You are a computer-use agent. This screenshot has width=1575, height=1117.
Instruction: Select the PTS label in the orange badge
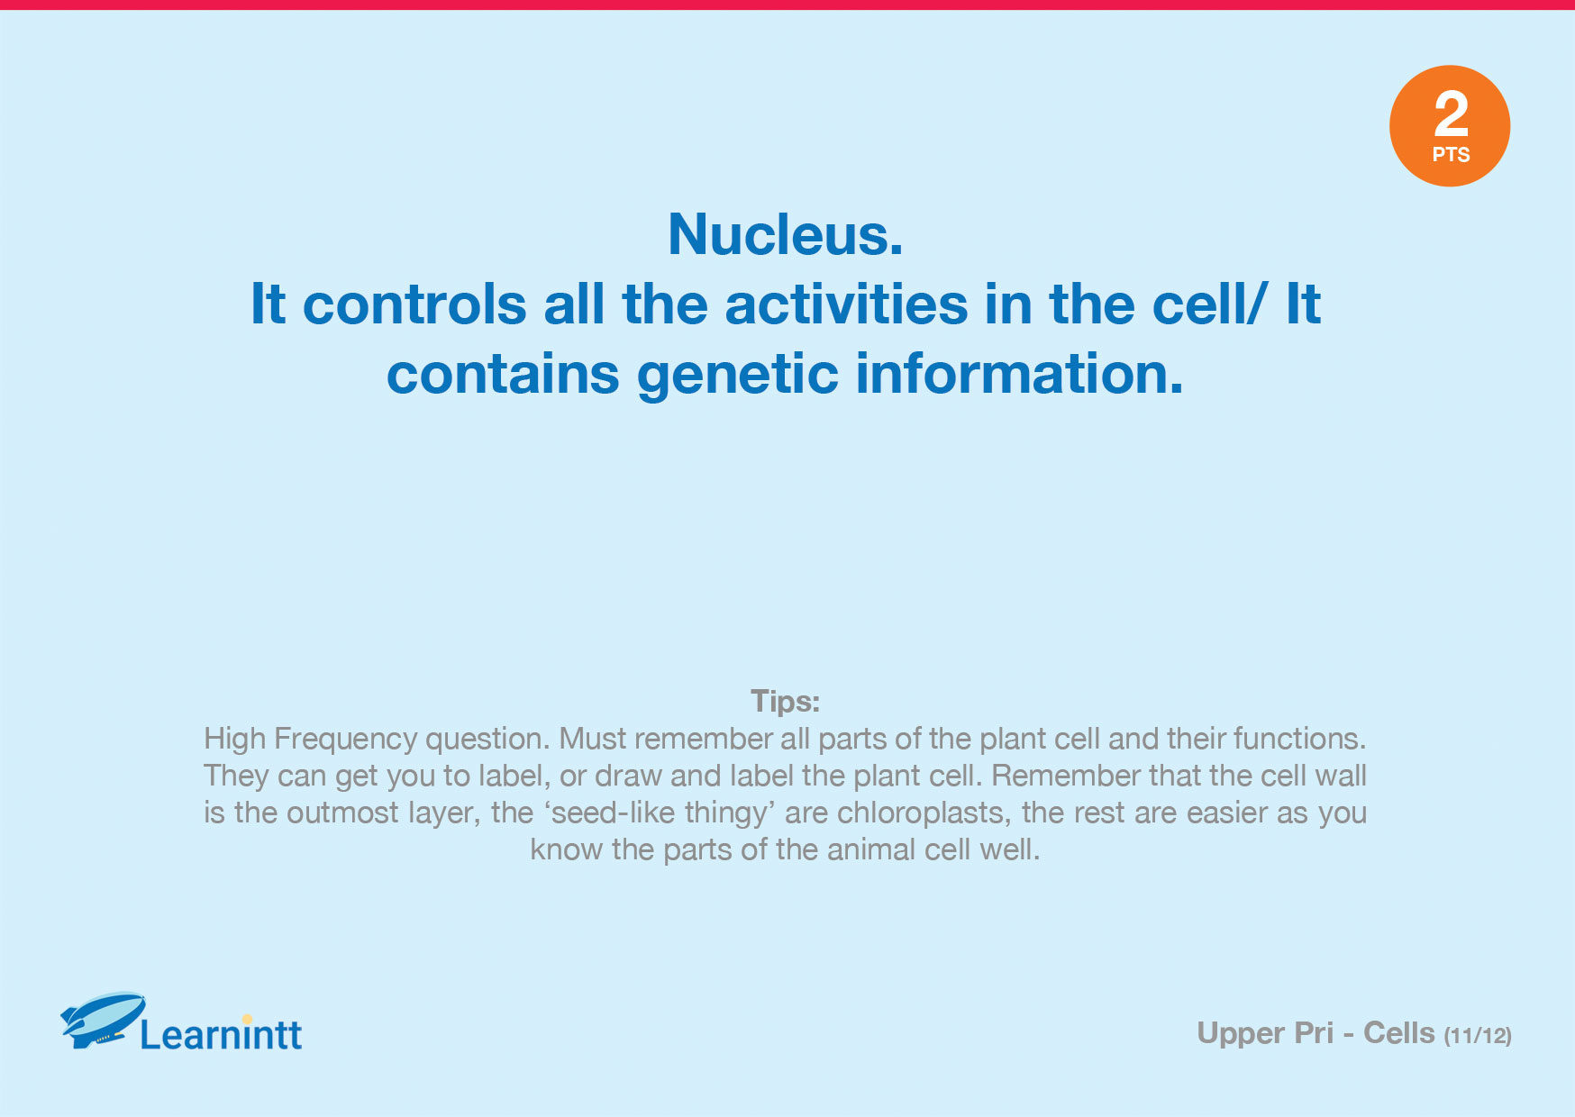[1451, 155]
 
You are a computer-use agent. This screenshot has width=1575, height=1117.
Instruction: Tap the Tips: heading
[786, 701]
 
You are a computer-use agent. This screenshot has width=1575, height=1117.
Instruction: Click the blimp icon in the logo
[103, 1019]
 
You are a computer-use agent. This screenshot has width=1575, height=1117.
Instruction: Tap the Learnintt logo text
[221, 1034]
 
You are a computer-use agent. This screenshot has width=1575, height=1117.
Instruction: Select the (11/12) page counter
[1478, 1036]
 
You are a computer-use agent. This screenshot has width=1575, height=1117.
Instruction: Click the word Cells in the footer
[1398, 1033]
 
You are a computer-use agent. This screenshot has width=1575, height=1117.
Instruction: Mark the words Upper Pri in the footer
[1265, 1034]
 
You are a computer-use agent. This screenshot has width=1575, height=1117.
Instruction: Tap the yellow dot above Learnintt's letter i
[247, 1020]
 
